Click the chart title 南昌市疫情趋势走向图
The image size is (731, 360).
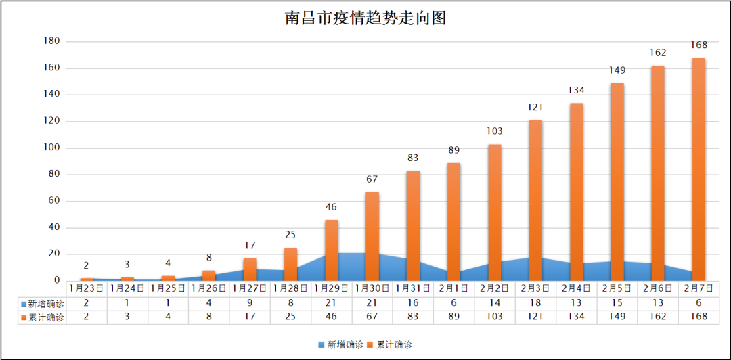click(x=365, y=18)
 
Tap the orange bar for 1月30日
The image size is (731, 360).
click(x=372, y=236)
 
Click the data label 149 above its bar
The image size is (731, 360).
click(x=617, y=70)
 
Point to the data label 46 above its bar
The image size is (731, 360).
click(x=331, y=207)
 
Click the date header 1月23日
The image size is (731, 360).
click(x=87, y=288)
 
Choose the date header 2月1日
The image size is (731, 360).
click(x=453, y=288)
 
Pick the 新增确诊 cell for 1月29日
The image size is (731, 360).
click(x=331, y=303)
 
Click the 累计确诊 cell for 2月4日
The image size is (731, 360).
click(x=576, y=317)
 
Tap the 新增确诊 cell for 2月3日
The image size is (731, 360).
click(x=535, y=303)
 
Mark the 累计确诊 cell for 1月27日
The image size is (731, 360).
click(x=250, y=317)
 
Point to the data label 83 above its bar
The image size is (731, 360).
click(x=413, y=158)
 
